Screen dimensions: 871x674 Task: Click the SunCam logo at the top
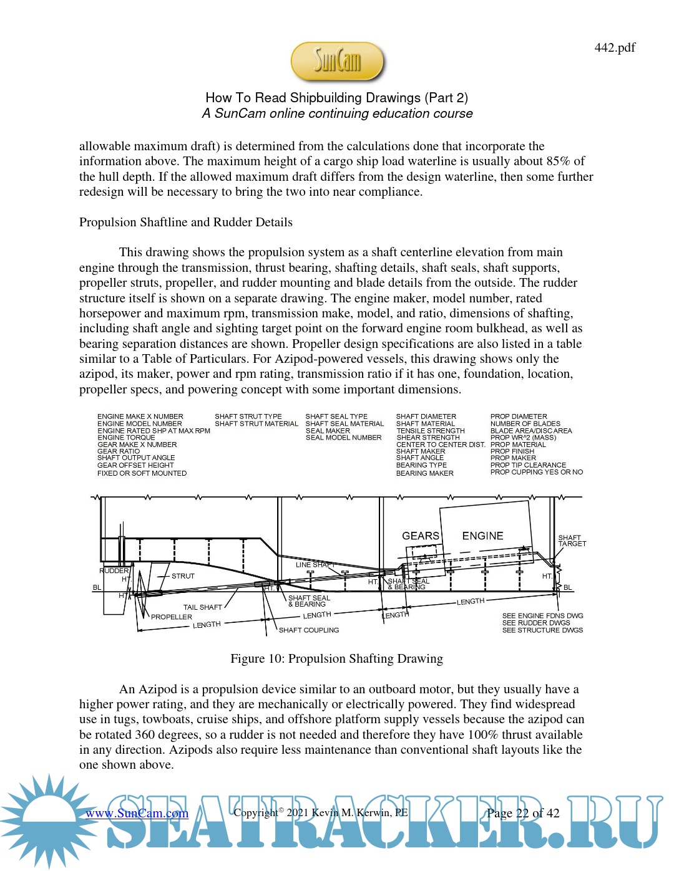click(337, 61)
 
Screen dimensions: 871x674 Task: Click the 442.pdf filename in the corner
click(615, 47)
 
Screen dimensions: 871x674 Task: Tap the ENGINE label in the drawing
click(482, 536)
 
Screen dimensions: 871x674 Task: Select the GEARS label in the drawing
click(421, 536)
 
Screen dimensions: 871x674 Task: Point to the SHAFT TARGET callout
click(572, 541)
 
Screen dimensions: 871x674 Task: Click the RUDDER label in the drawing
click(114, 570)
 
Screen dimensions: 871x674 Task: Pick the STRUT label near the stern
click(183, 576)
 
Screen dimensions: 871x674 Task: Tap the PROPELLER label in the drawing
click(172, 617)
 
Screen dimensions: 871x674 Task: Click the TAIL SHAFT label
click(202, 607)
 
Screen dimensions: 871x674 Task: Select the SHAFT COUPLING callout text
click(309, 630)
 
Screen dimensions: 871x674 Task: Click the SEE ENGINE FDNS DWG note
click(542, 615)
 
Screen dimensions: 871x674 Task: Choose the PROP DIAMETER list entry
click(519, 416)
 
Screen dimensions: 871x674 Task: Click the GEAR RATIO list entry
click(119, 451)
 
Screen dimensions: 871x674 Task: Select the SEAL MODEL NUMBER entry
click(343, 438)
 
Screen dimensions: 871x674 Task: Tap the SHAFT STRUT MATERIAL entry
click(256, 424)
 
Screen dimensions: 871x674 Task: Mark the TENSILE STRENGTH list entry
click(431, 431)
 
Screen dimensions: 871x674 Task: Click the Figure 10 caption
click(336, 659)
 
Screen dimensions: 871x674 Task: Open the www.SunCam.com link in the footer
click(137, 813)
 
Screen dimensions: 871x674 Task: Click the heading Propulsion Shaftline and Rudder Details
click(185, 223)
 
